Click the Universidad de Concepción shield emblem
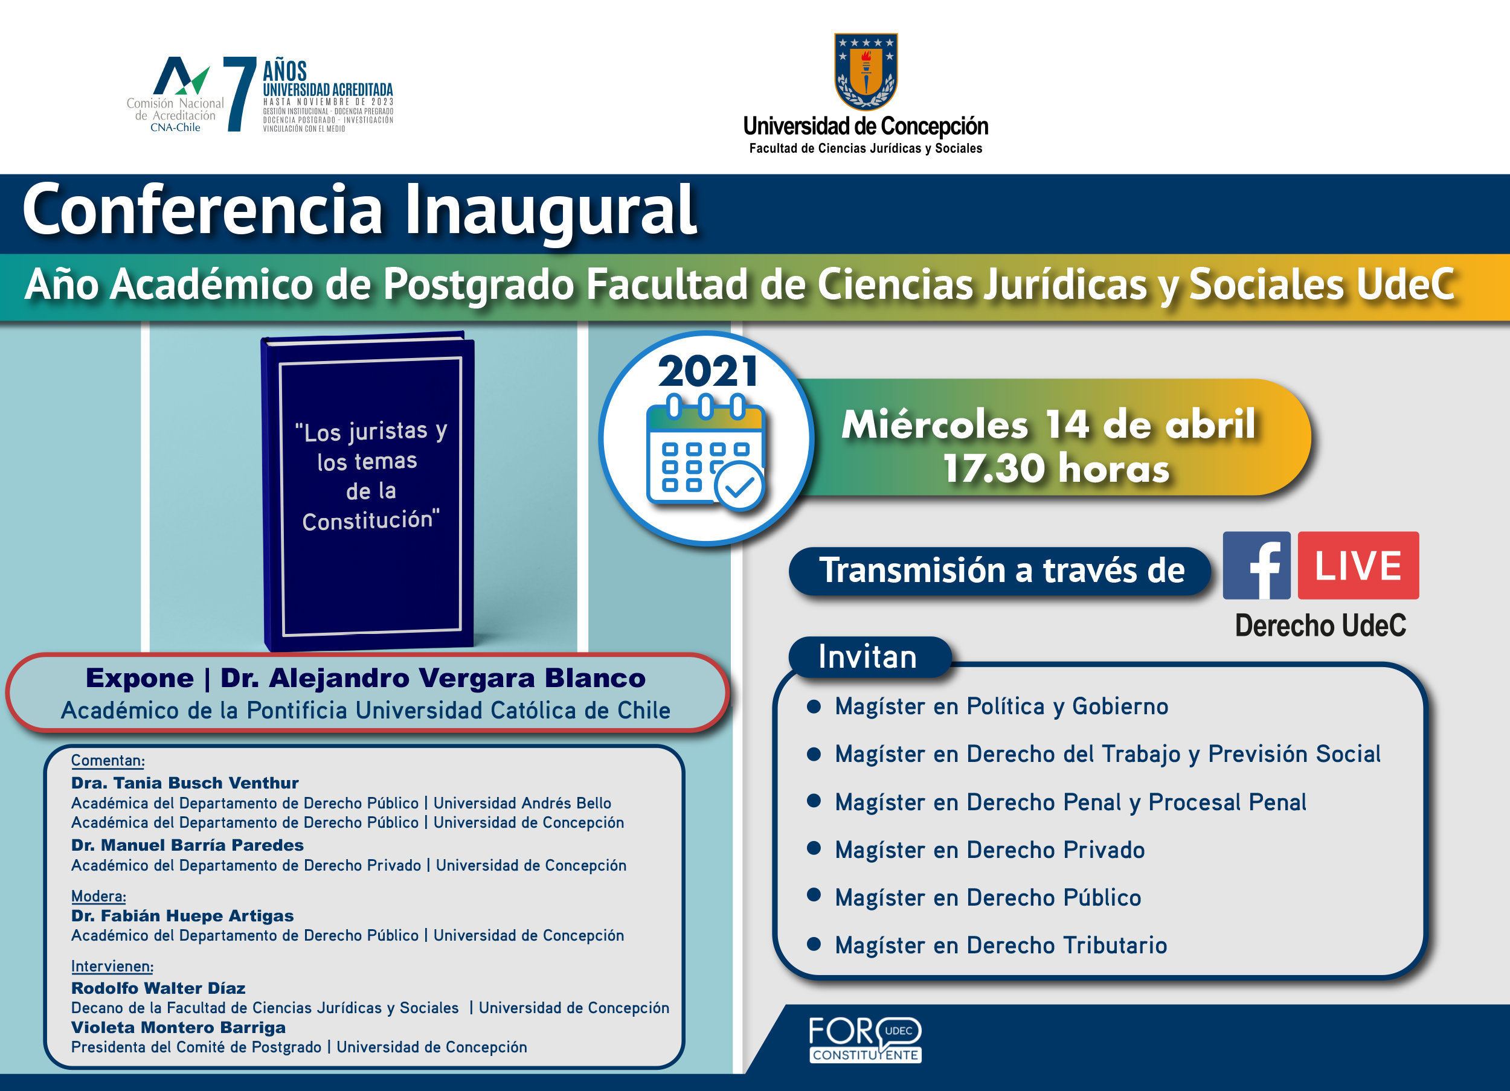coord(866,71)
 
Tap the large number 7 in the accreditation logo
coord(240,94)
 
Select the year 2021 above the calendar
coord(708,371)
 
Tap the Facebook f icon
coord(1256,565)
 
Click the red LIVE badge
coord(1358,565)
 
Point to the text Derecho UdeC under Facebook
coord(1320,625)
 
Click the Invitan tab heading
coord(867,657)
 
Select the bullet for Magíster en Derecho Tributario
coord(814,943)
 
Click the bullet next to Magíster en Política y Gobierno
coord(814,706)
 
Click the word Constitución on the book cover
coord(371,520)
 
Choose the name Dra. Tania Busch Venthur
coord(185,783)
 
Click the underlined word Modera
coord(98,896)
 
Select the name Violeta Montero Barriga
coord(178,1028)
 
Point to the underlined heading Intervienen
coord(112,966)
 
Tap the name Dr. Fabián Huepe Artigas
coord(182,916)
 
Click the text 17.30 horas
coord(1056,468)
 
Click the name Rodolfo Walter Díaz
coord(158,988)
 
